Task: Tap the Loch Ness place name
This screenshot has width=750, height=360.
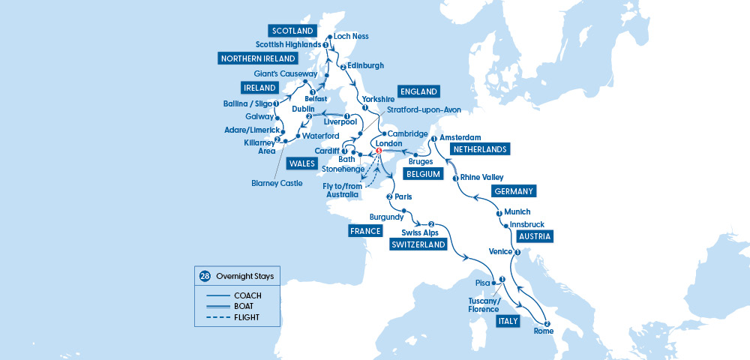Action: tap(351, 36)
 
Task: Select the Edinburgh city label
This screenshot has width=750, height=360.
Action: tap(366, 66)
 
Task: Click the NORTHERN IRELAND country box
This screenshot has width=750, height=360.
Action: tap(257, 58)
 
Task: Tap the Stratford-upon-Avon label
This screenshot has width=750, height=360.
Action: tap(424, 109)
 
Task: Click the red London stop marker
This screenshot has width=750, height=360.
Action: tap(379, 151)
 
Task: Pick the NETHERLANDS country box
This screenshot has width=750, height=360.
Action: tap(479, 149)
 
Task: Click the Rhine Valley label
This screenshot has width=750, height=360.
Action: tap(482, 178)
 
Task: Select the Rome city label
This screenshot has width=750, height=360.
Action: tap(544, 331)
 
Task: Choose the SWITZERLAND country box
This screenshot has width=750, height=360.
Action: tap(417, 244)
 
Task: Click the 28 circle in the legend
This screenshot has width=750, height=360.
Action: tap(205, 276)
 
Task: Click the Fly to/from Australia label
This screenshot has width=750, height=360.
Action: tap(342, 190)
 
